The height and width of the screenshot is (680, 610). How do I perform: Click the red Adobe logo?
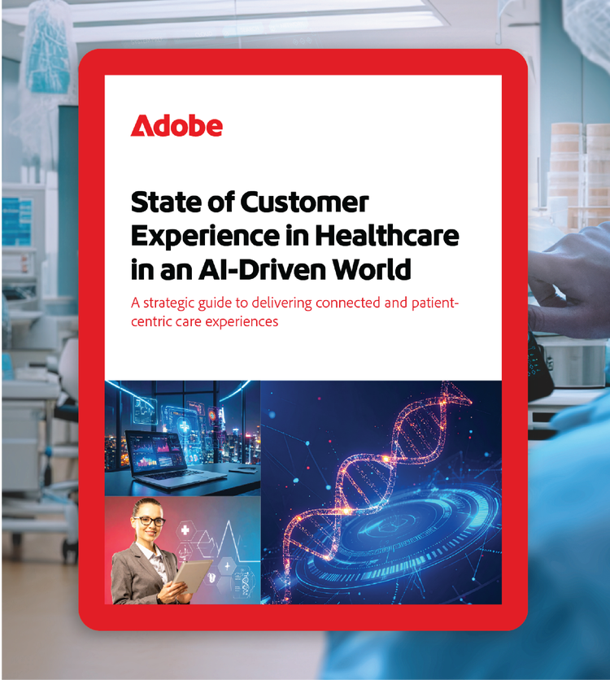pos(176,126)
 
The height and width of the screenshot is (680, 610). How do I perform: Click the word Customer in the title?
pos(304,202)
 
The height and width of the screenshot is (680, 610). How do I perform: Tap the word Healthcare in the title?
pos(386,236)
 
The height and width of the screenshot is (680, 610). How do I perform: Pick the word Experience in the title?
pos(205,237)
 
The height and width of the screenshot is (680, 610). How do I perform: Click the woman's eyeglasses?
pos(149,521)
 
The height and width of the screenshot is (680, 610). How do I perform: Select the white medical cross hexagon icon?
pos(185,530)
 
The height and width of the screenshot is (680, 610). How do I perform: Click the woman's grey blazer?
pos(141,573)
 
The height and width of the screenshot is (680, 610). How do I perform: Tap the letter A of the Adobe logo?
pos(141,126)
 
